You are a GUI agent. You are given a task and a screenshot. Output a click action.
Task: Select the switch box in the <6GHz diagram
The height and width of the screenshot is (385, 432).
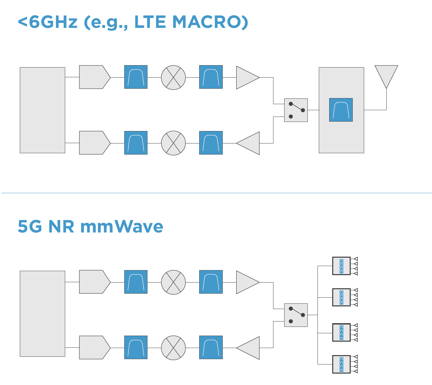click(x=296, y=110)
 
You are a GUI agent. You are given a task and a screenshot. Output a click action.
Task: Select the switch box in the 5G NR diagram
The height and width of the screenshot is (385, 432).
click(x=296, y=315)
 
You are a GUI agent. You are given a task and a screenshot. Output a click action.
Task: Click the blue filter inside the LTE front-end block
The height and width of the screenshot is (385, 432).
click(x=341, y=110)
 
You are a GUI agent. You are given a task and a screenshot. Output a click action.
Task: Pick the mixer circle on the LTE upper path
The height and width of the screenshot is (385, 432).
click(x=173, y=77)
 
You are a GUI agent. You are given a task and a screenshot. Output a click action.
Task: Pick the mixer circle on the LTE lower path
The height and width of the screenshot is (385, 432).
click(x=173, y=143)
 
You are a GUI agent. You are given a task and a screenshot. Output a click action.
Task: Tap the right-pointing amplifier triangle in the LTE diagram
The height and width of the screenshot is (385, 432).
click(x=246, y=77)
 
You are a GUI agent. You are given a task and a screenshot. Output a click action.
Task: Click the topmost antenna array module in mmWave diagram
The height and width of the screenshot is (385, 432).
click(x=341, y=266)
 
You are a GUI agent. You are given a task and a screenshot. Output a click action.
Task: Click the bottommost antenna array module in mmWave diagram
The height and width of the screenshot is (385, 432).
click(x=341, y=364)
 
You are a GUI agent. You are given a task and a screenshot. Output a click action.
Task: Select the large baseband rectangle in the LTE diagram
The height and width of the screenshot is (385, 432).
click(x=42, y=110)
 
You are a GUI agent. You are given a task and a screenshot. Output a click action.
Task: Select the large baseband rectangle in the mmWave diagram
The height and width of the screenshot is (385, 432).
click(x=42, y=314)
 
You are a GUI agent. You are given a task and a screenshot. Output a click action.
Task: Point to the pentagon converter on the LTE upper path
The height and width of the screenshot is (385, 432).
click(x=93, y=77)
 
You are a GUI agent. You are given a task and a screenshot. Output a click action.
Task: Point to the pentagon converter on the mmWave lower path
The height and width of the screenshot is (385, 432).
click(x=93, y=348)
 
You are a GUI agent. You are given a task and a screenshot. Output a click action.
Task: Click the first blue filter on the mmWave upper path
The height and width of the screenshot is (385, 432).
click(x=136, y=282)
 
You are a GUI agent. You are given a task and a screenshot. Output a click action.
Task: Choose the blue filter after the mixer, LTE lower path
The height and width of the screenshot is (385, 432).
click(x=211, y=143)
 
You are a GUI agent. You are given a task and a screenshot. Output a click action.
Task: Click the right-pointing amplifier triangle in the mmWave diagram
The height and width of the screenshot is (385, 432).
click(x=246, y=282)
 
